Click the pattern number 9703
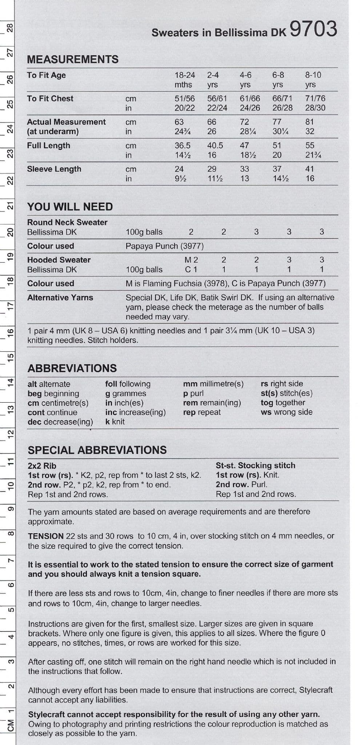313,29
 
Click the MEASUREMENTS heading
73,59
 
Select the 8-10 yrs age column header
313,80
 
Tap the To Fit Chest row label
50,99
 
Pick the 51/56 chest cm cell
185,99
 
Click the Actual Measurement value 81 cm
309,122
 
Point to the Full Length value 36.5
183,146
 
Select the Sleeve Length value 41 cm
309,169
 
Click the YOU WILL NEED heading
70,207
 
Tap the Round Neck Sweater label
67,222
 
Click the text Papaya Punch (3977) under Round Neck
164,246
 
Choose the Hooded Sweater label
59,260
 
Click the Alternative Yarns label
60,298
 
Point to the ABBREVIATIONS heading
72,368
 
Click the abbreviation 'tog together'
283,403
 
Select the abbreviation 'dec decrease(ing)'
60,422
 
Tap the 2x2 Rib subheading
42,466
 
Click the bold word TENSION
46,536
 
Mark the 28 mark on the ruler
11,28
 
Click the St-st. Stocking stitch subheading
255,465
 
